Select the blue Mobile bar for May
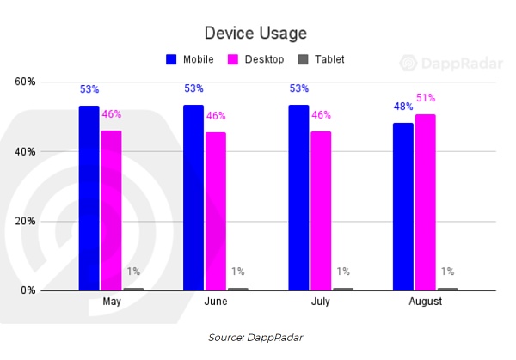(89, 198)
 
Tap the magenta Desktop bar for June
(216, 211)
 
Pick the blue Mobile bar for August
(403, 206)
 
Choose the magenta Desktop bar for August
(426, 202)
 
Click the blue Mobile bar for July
(299, 198)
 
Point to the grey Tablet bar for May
(133, 289)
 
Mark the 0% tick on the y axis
(28, 290)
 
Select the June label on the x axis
(216, 302)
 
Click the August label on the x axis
(426, 302)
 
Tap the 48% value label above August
(403, 107)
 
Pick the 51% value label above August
(426, 98)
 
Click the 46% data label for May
(112, 114)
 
